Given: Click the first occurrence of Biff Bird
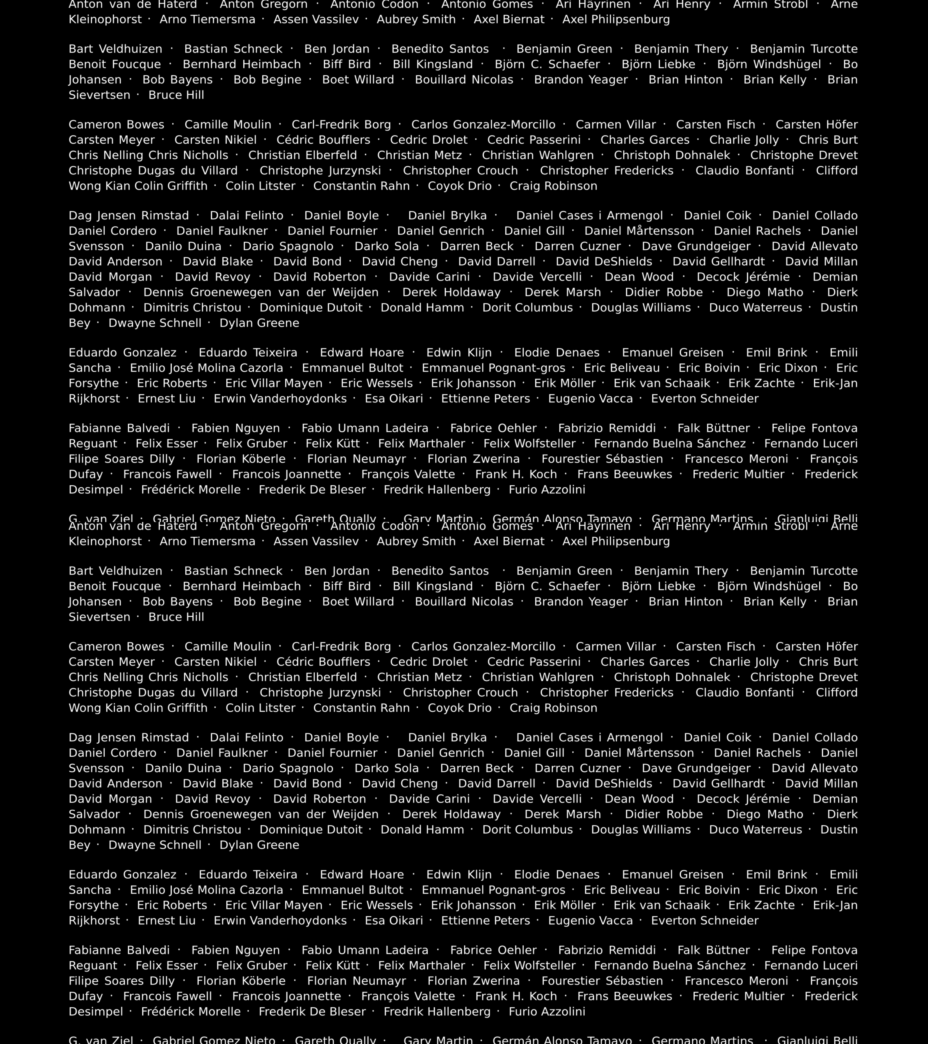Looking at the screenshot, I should pyautogui.click(x=347, y=64).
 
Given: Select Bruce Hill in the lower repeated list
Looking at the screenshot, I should pyautogui.click(x=176, y=617).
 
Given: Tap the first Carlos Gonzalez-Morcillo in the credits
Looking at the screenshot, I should pyautogui.click(x=483, y=125).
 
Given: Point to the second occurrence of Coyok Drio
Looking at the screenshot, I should pyautogui.click(x=460, y=708).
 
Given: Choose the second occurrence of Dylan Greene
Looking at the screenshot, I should pyautogui.click(x=259, y=845).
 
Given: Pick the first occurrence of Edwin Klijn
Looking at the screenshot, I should pyautogui.click(x=459, y=352).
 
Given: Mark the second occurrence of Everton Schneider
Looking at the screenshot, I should pyautogui.click(x=705, y=920).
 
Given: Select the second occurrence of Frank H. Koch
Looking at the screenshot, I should pyautogui.click(x=516, y=996).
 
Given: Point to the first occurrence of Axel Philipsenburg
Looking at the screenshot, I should pyautogui.click(x=616, y=19).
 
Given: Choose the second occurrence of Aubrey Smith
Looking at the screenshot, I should pyautogui.click(x=416, y=541).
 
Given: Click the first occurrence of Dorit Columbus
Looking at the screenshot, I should pyautogui.click(x=528, y=307).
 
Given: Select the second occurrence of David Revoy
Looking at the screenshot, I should pyautogui.click(x=213, y=799).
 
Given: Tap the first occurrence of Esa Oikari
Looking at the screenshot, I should pyautogui.click(x=394, y=398).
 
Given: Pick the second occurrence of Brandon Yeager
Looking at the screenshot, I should pyautogui.click(x=581, y=602).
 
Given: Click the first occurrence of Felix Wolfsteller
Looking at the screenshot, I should pyautogui.click(x=530, y=443).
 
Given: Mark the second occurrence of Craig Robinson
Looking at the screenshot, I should pyautogui.click(x=553, y=708).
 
